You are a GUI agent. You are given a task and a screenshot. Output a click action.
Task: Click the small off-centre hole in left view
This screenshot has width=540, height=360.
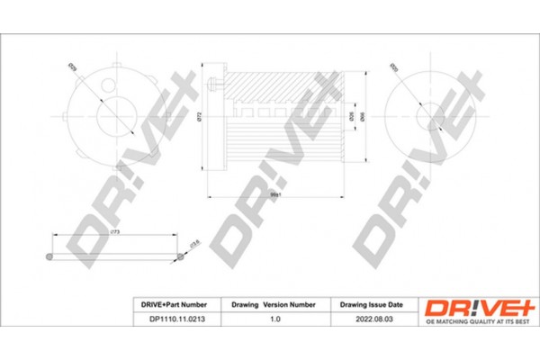point(109,89)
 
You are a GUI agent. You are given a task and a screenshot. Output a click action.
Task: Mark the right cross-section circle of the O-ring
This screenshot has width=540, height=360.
point(180,257)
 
